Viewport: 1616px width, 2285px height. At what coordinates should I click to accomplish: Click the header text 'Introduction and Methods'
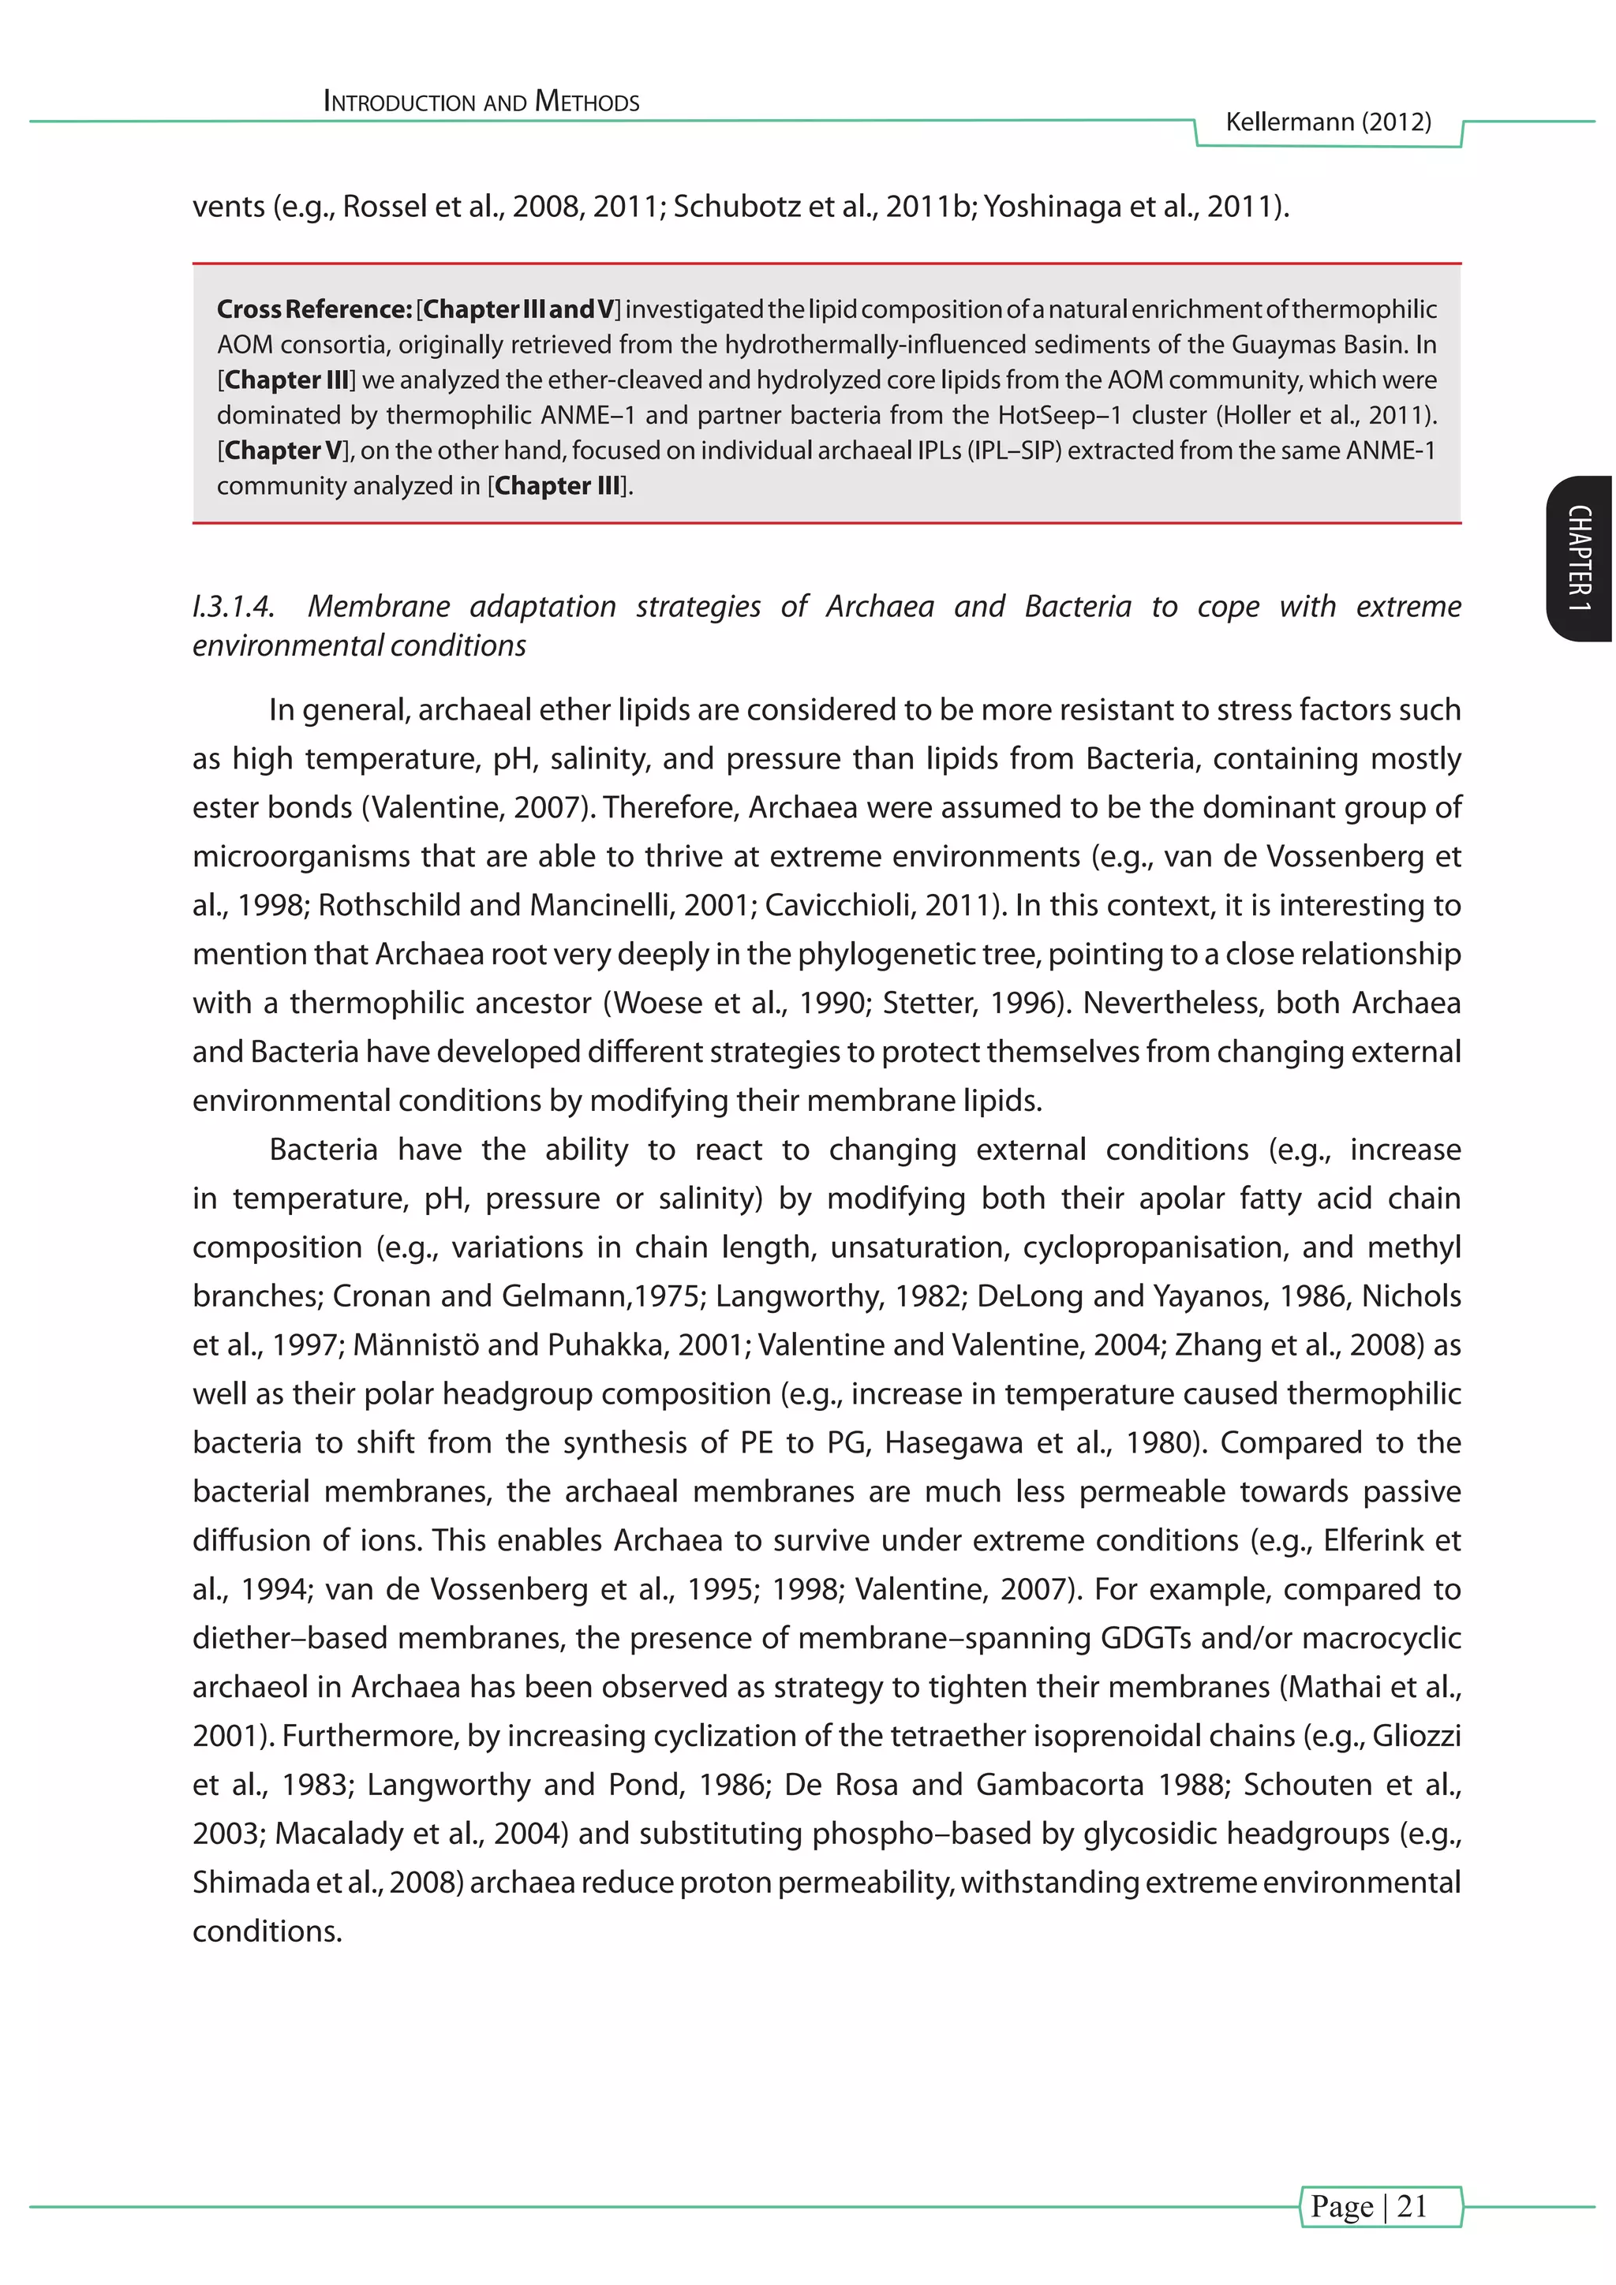tap(481, 102)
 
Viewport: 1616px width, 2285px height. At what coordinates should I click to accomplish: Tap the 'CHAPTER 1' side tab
tap(1580, 559)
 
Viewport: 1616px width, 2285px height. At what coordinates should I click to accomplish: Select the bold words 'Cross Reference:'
tap(313, 309)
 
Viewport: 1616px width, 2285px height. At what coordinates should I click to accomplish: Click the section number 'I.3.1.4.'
tap(233, 606)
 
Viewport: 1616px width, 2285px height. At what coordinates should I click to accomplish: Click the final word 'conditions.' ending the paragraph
tap(267, 1931)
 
